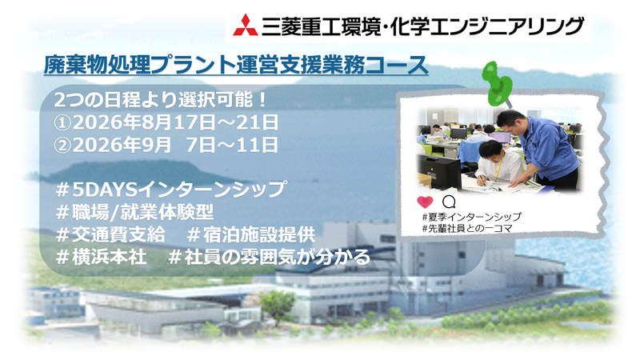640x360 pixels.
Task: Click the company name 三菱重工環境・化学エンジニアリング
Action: click(423, 26)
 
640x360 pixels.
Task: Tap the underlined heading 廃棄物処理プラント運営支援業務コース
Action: click(236, 66)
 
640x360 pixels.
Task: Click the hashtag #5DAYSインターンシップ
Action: click(171, 190)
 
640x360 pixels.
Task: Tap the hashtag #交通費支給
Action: click(110, 235)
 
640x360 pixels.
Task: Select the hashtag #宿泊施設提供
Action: click(251, 235)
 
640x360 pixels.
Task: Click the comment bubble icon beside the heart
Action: click(449, 200)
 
